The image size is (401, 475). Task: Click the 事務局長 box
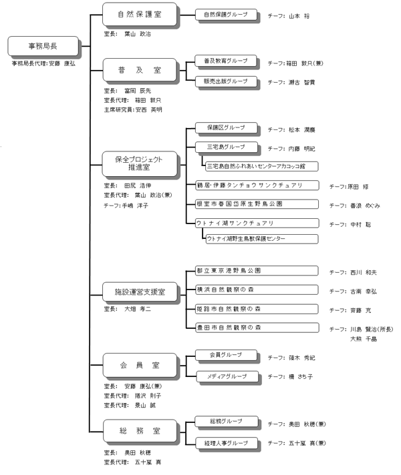[x=41, y=46]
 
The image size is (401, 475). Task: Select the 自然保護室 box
[x=139, y=14]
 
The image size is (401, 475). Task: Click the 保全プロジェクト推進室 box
[x=139, y=163]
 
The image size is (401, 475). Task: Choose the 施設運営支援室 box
[x=139, y=292]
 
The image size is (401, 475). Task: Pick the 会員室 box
[x=139, y=366]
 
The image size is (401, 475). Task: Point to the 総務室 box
[x=139, y=430]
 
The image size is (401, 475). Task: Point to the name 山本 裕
[x=299, y=16]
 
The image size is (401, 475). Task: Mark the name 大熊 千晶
[x=365, y=339]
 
